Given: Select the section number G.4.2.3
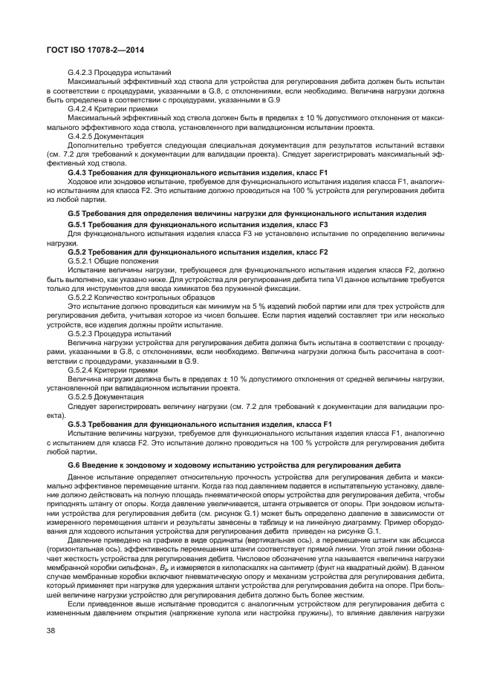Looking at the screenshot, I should pos(79,72).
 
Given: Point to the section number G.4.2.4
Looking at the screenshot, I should pos(79,108).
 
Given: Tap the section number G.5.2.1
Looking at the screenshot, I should pos(79,261).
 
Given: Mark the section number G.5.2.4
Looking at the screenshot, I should pos(79,369).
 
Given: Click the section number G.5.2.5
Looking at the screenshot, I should pos(79,397).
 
